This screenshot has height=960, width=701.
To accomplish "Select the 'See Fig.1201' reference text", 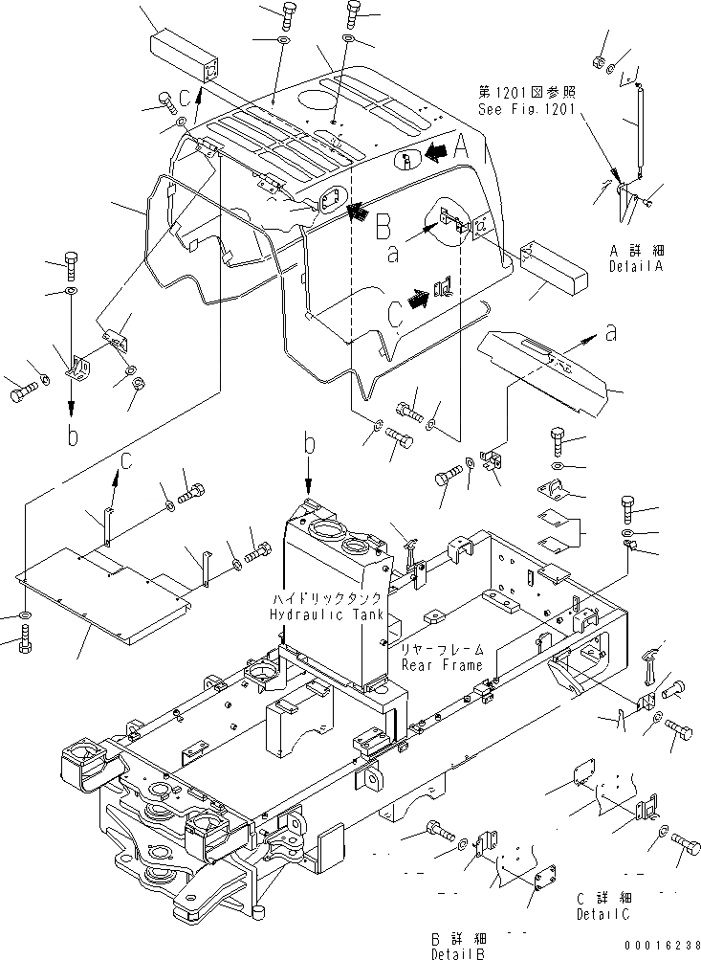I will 526,109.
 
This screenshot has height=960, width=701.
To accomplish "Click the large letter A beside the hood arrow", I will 460,146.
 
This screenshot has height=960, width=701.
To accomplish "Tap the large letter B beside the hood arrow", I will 383,227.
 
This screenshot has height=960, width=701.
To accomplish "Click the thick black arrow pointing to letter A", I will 435,150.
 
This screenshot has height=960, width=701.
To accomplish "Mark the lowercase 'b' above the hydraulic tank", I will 308,445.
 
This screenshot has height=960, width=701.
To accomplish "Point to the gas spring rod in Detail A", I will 633,129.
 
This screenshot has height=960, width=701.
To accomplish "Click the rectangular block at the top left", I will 185,56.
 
